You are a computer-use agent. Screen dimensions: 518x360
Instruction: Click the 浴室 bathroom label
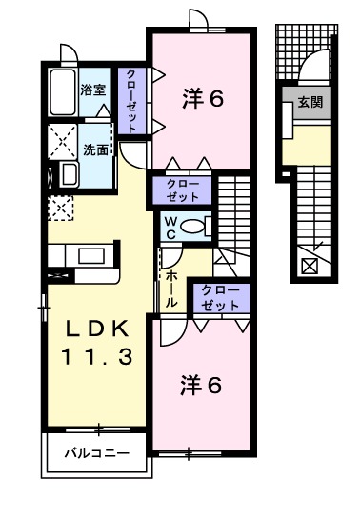click(x=93, y=90)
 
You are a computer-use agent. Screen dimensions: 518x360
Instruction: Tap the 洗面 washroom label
click(x=94, y=149)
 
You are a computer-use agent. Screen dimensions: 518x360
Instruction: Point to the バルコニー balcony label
click(x=95, y=454)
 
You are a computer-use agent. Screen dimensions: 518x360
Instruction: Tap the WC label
click(x=168, y=227)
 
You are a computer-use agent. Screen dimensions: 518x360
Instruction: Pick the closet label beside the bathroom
click(x=130, y=100)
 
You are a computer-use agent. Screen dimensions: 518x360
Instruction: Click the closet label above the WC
click(x=183, y=189)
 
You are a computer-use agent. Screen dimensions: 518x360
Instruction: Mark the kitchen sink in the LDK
click(x=92, y=256)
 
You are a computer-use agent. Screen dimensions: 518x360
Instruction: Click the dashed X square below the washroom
click(x=60, y=204)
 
